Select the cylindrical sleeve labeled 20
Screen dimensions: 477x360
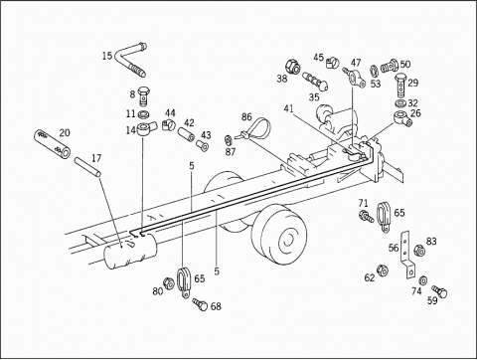[52, 145]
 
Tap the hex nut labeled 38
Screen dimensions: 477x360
[293, 66]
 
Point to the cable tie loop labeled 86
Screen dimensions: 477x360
[255, 128]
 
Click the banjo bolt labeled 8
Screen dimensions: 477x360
[143, 95]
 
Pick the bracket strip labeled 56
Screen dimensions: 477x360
[406, 255]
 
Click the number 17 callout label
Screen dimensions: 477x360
[96, 158]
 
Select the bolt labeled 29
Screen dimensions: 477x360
[400, 86]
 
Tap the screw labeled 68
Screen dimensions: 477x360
[200, 304]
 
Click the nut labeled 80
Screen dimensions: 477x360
[169, 283]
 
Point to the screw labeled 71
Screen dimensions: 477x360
[366, 216]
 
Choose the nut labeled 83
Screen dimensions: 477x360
[419, 251]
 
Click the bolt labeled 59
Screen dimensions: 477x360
[439, 291]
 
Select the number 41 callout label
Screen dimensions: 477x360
[288, 108]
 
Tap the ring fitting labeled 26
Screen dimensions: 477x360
[402, 118]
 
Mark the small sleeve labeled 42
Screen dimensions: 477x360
[186, 135]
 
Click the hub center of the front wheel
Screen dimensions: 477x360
[287, 240]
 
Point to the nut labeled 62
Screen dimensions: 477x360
[383, 270]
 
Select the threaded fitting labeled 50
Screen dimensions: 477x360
[389, 67]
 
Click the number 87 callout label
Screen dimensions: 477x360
[231, 152]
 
